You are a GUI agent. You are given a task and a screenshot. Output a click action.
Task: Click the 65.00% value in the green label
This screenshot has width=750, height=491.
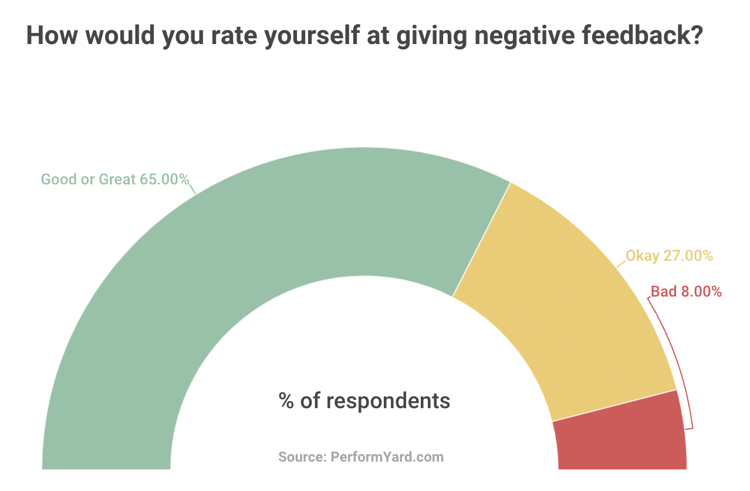[164, 179]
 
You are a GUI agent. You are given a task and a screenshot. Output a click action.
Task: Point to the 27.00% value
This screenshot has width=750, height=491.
[688, 256]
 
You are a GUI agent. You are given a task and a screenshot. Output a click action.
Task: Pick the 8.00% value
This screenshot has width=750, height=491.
[702, 291]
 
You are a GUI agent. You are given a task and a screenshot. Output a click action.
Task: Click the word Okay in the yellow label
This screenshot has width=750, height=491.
[642, 256]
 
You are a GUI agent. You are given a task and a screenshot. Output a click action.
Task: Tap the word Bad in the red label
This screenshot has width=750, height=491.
[664, 291]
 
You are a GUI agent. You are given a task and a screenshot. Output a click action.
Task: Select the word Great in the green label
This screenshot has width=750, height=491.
[117, 179]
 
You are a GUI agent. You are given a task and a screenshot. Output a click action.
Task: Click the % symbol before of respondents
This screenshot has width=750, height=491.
[286, 401]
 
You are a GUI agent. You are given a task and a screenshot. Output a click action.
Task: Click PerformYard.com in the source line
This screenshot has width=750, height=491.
[387, 457]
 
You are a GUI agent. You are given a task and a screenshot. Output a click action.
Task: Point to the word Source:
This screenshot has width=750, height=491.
[302, 457]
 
